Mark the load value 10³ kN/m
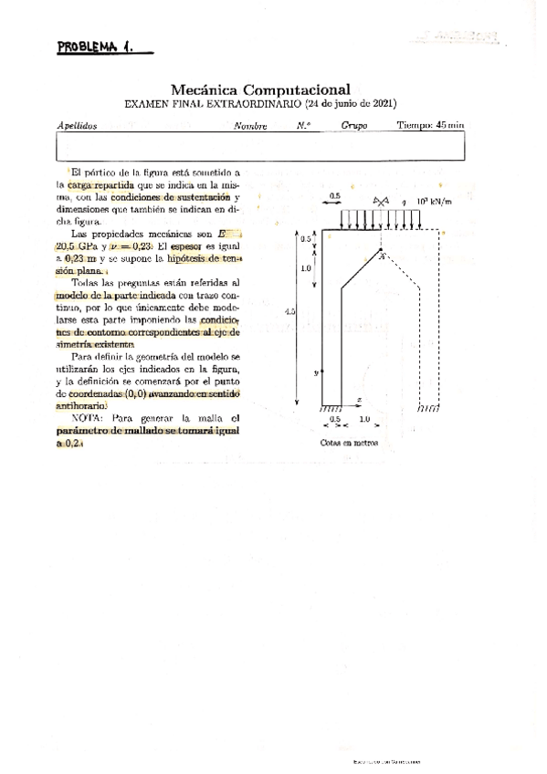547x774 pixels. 433,201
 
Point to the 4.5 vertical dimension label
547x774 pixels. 289,312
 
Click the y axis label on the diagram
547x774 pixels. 314,372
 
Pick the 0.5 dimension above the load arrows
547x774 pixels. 335,195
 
